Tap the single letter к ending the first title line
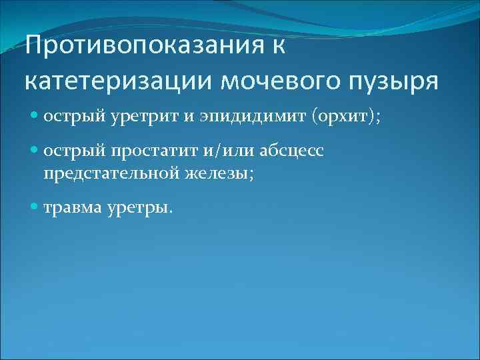[278, 49]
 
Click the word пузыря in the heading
[398, 82]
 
